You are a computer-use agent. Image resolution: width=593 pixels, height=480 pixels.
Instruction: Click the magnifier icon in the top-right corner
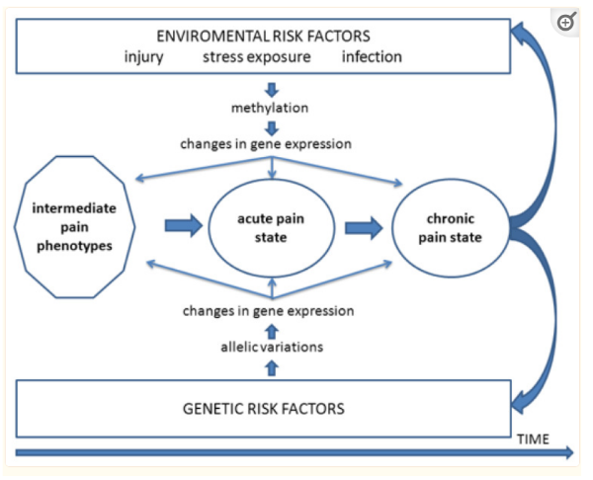pos(566,22)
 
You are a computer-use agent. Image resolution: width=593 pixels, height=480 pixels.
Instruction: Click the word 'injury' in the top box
pos(143,57)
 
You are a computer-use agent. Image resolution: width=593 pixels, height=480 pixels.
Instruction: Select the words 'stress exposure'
pos(257,57)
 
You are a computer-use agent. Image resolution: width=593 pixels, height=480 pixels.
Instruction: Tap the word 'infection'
pos(372,56)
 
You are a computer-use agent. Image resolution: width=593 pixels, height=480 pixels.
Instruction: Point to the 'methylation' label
pos(270,108)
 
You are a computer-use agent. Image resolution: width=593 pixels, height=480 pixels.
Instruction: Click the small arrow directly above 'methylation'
pos(272,90)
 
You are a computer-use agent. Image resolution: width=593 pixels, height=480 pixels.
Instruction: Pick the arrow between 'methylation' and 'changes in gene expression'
pos(272,128)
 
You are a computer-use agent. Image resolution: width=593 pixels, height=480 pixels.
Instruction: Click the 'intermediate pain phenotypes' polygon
pos(74,227)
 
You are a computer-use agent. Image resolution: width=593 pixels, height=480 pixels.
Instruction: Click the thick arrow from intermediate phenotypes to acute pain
pos(184,225)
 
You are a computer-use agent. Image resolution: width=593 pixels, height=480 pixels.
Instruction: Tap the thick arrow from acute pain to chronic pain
pos(364,228)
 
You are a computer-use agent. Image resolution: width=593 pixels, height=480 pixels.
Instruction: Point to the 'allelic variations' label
pos(272,347)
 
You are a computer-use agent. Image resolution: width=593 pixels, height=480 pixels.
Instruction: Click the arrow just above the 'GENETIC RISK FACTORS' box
pos(272,368)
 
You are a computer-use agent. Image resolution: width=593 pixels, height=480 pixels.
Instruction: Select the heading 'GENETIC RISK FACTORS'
pos(264,409)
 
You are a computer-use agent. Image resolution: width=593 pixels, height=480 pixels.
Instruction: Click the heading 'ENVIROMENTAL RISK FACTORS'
pos(263,37)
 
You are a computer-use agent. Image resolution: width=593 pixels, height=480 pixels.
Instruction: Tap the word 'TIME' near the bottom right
pos(533,440)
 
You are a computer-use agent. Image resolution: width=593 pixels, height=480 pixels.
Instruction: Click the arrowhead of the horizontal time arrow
pos(569,452)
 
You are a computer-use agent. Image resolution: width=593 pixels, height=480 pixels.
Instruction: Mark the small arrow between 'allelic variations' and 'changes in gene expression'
pos(272,332)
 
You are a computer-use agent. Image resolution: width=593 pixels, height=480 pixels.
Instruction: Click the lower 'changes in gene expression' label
pos(269,311)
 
